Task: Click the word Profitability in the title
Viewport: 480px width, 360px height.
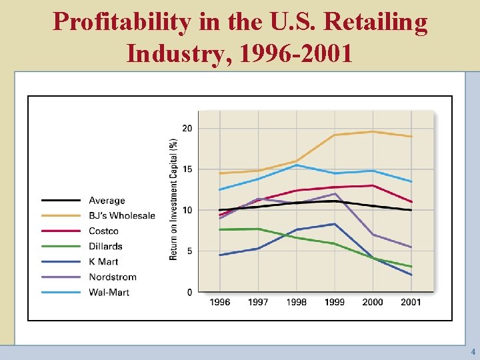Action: coord(121,22)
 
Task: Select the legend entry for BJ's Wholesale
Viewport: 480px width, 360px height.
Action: coord(122,215)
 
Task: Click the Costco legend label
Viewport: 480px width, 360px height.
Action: coord(103,231)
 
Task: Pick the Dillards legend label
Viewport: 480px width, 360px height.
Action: coord(105,246)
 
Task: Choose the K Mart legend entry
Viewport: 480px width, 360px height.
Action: coord(103,261)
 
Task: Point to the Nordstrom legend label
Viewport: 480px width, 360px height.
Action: coord(112,277)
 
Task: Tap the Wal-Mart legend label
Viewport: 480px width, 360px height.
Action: coord(109,292)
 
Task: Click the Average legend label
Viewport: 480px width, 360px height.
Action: coord(107,200)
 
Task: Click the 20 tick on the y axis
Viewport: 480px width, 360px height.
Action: coord(187,128)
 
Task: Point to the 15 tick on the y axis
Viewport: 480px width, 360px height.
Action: coord(187,169)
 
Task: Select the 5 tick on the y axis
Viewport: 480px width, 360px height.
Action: coord(189,251)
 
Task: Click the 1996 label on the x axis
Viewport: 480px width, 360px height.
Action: coord(220,302)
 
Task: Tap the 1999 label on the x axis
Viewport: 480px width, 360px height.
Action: coord(335,302)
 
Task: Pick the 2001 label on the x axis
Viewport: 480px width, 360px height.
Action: coord(411,302)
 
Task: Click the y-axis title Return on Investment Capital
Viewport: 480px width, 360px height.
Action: coord(173,199)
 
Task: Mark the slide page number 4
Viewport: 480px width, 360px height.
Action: coord(473,351)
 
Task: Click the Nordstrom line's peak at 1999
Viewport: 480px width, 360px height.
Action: coord(335,193)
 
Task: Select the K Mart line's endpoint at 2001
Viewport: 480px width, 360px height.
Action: coord(411,275)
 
